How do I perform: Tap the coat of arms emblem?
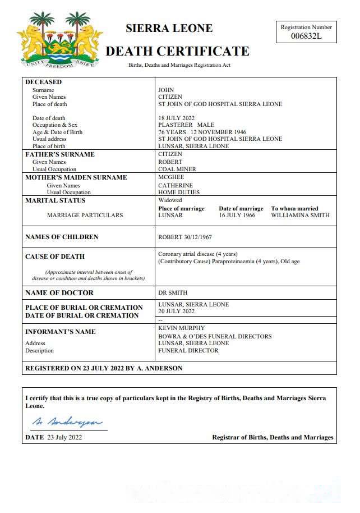60,40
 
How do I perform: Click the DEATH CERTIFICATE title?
177,52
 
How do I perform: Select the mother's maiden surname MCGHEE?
171,177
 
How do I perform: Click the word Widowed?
170,200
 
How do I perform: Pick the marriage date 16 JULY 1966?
237,215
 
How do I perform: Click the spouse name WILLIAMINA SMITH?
300,215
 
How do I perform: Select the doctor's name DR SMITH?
173,292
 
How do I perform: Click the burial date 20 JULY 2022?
177,311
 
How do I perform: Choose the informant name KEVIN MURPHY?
181,328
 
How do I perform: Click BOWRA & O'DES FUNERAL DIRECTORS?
215,336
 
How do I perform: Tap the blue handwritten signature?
66,422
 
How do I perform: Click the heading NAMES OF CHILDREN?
62,237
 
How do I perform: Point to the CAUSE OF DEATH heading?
55,256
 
